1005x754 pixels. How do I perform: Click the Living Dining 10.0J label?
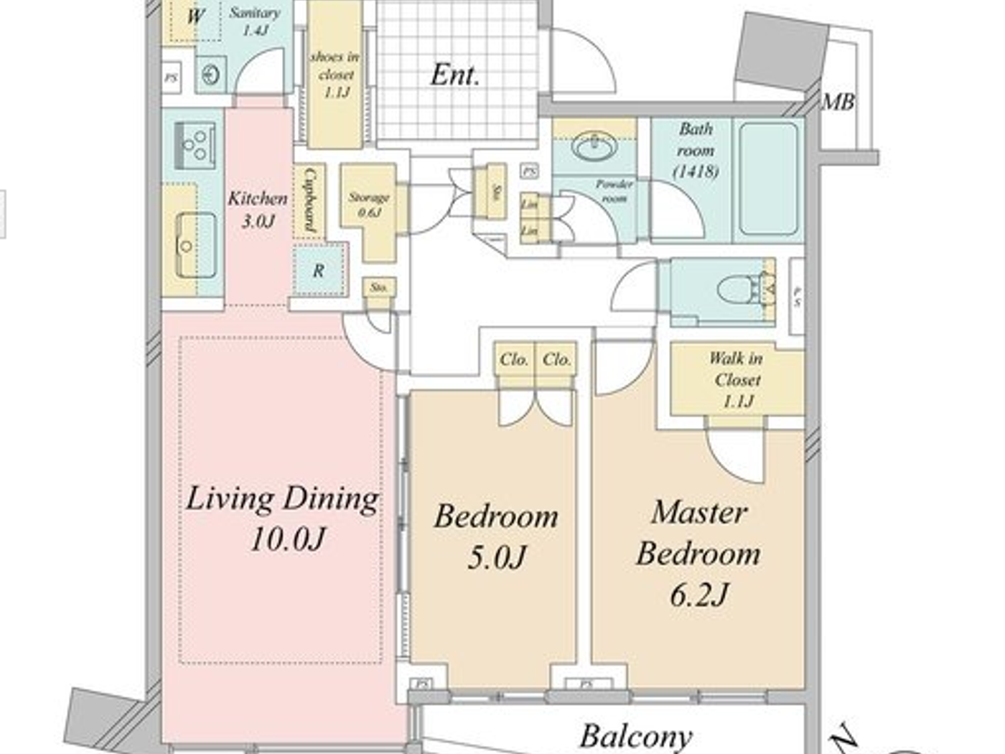pos(282,517)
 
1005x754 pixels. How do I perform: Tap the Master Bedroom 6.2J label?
pos(698,553)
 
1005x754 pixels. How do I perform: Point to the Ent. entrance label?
pos(455,75)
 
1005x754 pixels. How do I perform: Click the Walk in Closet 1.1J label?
pos(737,379)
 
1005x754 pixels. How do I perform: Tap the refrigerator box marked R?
pos(318,271)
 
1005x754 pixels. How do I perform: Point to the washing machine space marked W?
pos(195,16)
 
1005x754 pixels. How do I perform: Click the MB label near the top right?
pos(838,103)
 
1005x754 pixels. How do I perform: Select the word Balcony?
pos(635,736)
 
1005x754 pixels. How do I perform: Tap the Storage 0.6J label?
pos(369,204)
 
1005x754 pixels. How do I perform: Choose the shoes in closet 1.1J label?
pos(335,74)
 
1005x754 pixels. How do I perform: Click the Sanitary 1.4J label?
pos(255,22)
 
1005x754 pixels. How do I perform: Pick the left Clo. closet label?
pos(514,359)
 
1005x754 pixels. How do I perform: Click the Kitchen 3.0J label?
pos(257,209)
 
